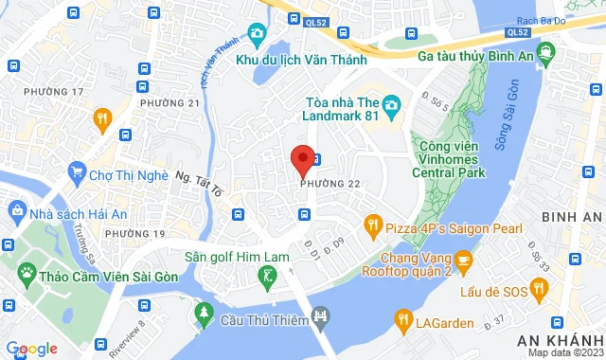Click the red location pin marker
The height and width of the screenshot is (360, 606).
pyautogui.click(x=302, y=158)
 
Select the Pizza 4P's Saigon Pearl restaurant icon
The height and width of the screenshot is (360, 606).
pyautogui.click(x=373, y=225)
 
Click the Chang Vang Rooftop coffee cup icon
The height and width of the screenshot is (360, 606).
pyautogui.click(x=463, y=258)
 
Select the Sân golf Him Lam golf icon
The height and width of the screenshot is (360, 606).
pyautogui.click(x=269, y=277)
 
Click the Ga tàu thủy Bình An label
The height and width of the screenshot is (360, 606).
pyautogui.click(x=479, y=55)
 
